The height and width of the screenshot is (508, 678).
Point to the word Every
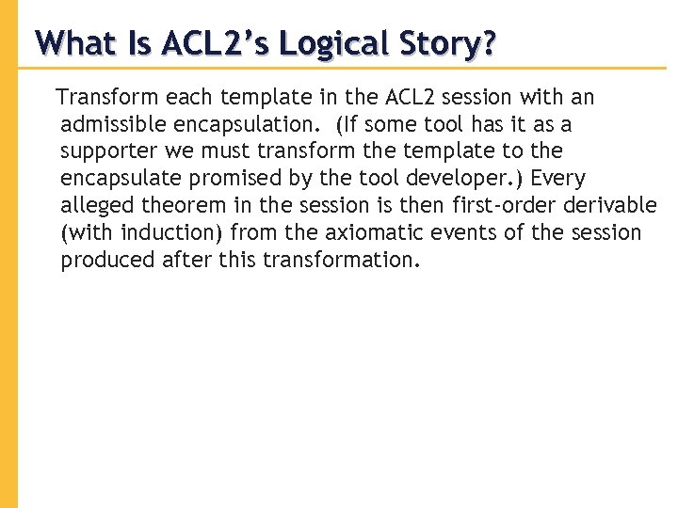click(x=558, y=179)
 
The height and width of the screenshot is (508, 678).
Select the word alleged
click(x=93, y=206)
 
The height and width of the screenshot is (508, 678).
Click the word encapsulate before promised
click(x=117, y=179)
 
